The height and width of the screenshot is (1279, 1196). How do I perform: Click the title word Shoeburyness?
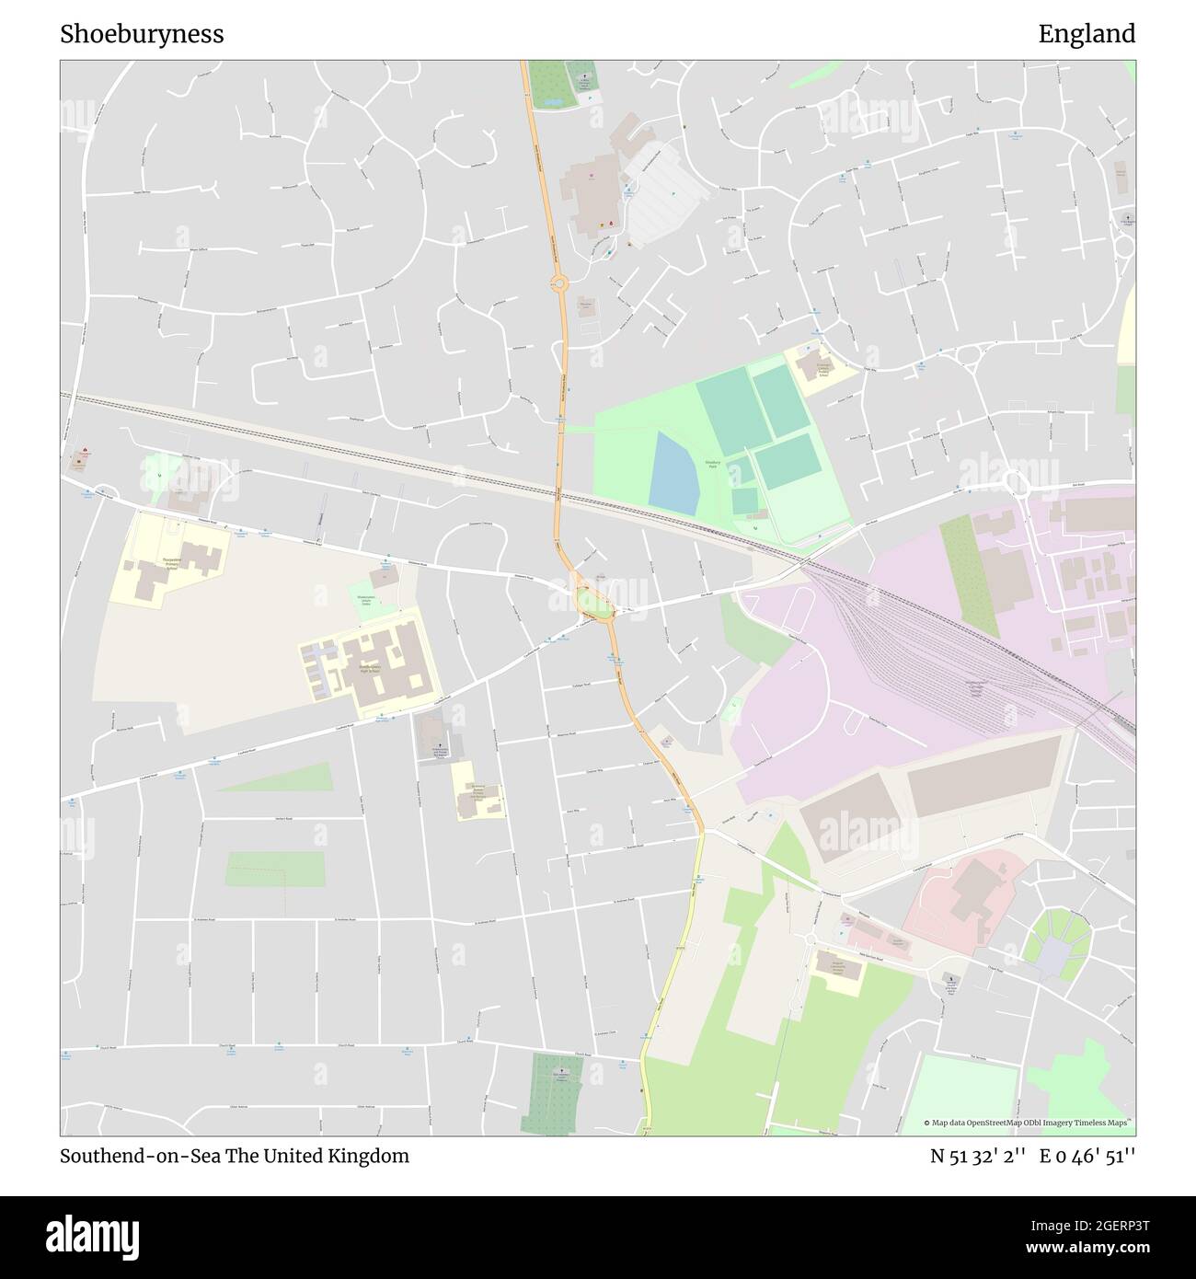[142, 34]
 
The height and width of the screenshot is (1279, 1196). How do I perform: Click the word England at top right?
[1087, 34]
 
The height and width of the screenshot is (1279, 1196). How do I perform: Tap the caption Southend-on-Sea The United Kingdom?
[235, 1156]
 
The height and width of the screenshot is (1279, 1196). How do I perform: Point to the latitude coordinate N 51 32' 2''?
[979, 1156]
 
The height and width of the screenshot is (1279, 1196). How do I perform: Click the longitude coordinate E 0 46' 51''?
[1087, 1156]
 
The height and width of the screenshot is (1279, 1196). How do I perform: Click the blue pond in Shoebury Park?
[673, 472]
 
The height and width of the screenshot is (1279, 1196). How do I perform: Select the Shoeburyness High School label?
[372, 669]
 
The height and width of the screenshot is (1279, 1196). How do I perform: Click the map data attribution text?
[1028, 1123]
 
